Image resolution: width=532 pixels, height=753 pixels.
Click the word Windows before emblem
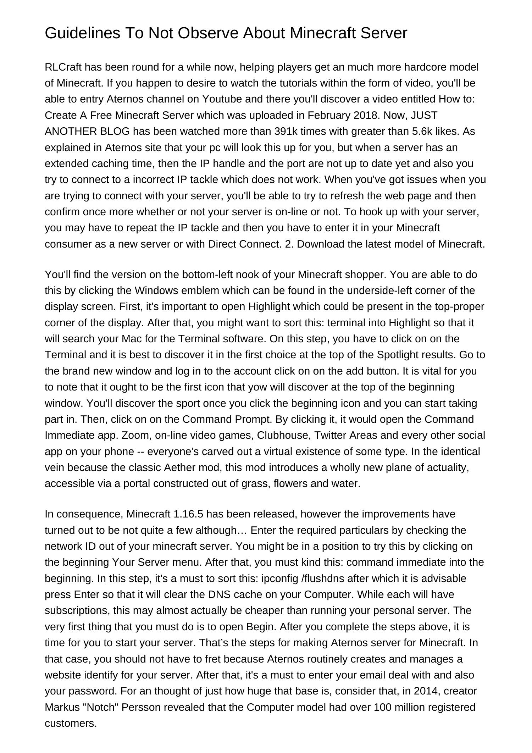tap(156, 290)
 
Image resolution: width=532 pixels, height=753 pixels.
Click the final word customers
tap(70, 723)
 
